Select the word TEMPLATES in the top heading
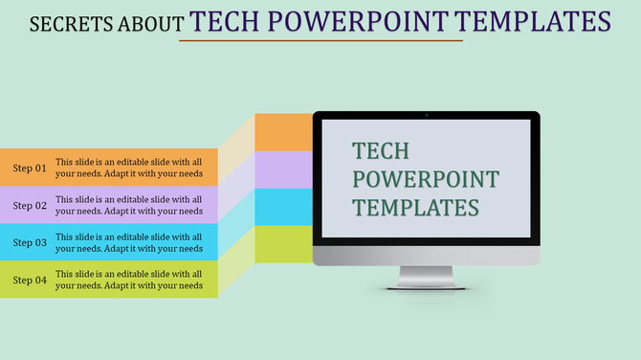pos(532,21)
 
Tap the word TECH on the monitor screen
pos(381,151)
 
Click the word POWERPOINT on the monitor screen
pos(426,179)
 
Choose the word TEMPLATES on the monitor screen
pos(415,207)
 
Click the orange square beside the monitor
pos(284,132)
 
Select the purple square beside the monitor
pos(284,169)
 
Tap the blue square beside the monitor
pos(284,207)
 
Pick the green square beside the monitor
pos(284,244)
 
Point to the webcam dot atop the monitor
pos(427,116)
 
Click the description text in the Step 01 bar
pos(129,169)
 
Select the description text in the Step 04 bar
pos(129,280)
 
